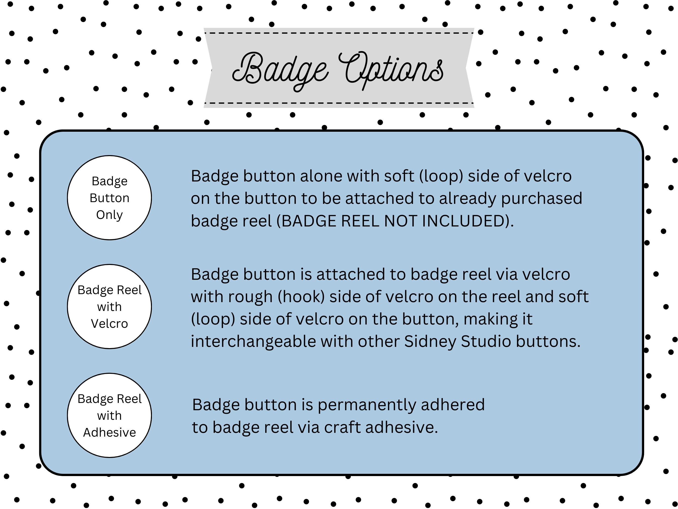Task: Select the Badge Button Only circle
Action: (109, 198)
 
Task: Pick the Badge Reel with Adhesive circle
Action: (109, 415)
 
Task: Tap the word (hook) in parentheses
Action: (301, 297)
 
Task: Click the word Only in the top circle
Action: (109, 215)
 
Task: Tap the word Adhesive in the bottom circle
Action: (109, 432)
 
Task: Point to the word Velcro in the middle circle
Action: (109, 324)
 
